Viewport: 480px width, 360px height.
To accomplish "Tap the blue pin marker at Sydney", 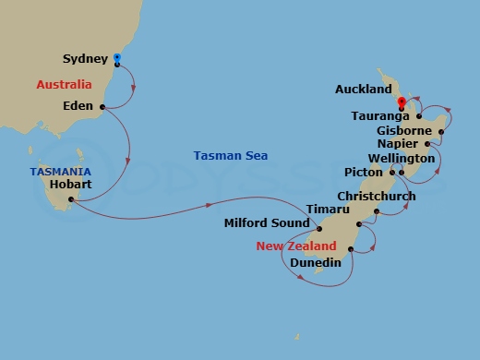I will (117, 59).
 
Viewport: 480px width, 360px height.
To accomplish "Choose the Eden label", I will (78, 106).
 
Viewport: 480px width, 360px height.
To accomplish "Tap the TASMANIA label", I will (60, 172).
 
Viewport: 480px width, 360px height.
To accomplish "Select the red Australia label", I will (64, 85).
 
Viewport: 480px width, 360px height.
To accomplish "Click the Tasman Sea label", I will (231, 155).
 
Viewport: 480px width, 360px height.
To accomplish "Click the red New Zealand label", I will (296, 246).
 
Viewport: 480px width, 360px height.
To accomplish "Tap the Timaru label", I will (327, 210).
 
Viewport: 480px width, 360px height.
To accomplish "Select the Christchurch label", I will (376, 197).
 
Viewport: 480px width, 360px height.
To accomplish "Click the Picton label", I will (369, 172).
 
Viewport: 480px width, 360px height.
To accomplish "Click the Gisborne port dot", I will (442, 132).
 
